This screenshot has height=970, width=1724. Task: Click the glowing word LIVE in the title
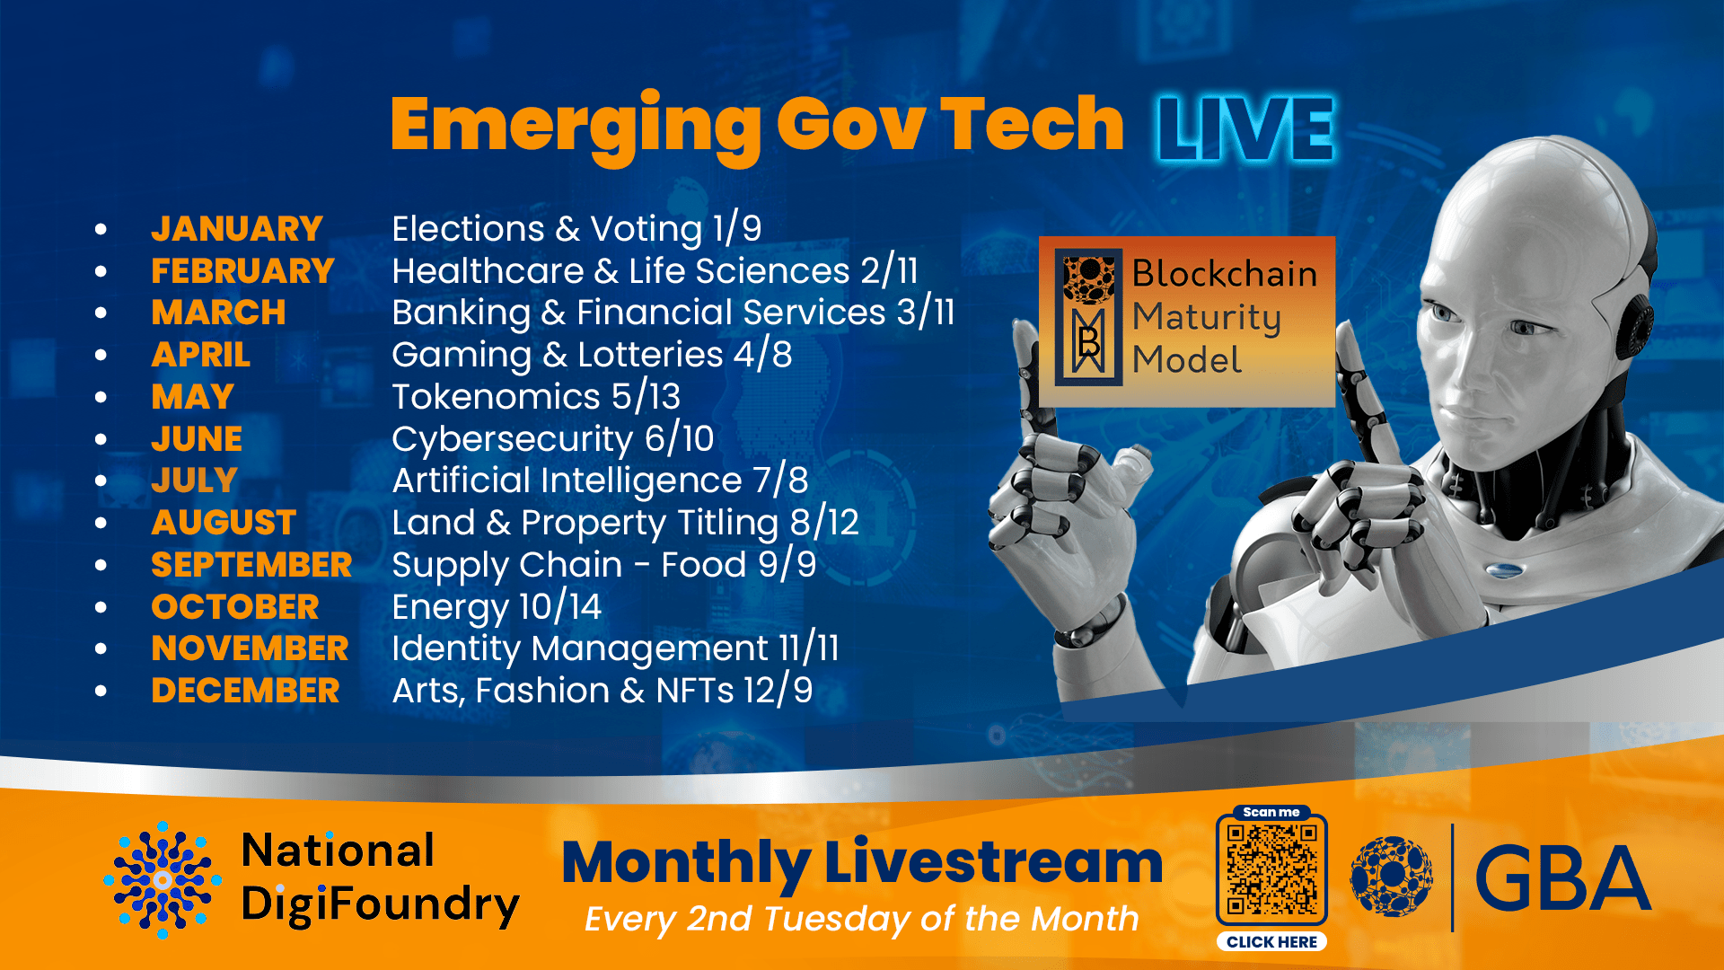tap(1245, 129)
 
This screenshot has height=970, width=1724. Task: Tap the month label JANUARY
tap(237, 229)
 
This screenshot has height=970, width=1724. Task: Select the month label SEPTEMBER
tap(251, 565)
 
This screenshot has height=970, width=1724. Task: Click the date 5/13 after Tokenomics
tap(646, 397)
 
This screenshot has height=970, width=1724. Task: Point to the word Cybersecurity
tap(513, 440)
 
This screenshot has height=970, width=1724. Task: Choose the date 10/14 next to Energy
tap(560, 607)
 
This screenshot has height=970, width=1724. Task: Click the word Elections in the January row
tap(469, 229)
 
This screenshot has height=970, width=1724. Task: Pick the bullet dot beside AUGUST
tap(101, 523)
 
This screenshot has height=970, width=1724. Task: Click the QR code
tap(1271, 869)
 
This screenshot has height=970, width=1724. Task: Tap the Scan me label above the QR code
tap(1271, 812)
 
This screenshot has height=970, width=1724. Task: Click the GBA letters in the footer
tap(1563, 878)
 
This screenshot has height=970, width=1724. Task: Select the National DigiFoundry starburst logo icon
tap(163, 880)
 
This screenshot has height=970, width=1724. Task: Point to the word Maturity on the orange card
tap(1207, 318)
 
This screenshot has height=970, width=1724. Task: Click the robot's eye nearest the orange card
tap(1446, 313)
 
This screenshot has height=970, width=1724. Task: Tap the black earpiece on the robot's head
tap(1638, 322)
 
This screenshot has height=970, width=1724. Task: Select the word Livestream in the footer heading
tap(994, 863)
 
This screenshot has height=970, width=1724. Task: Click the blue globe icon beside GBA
tap(1392, 877)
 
